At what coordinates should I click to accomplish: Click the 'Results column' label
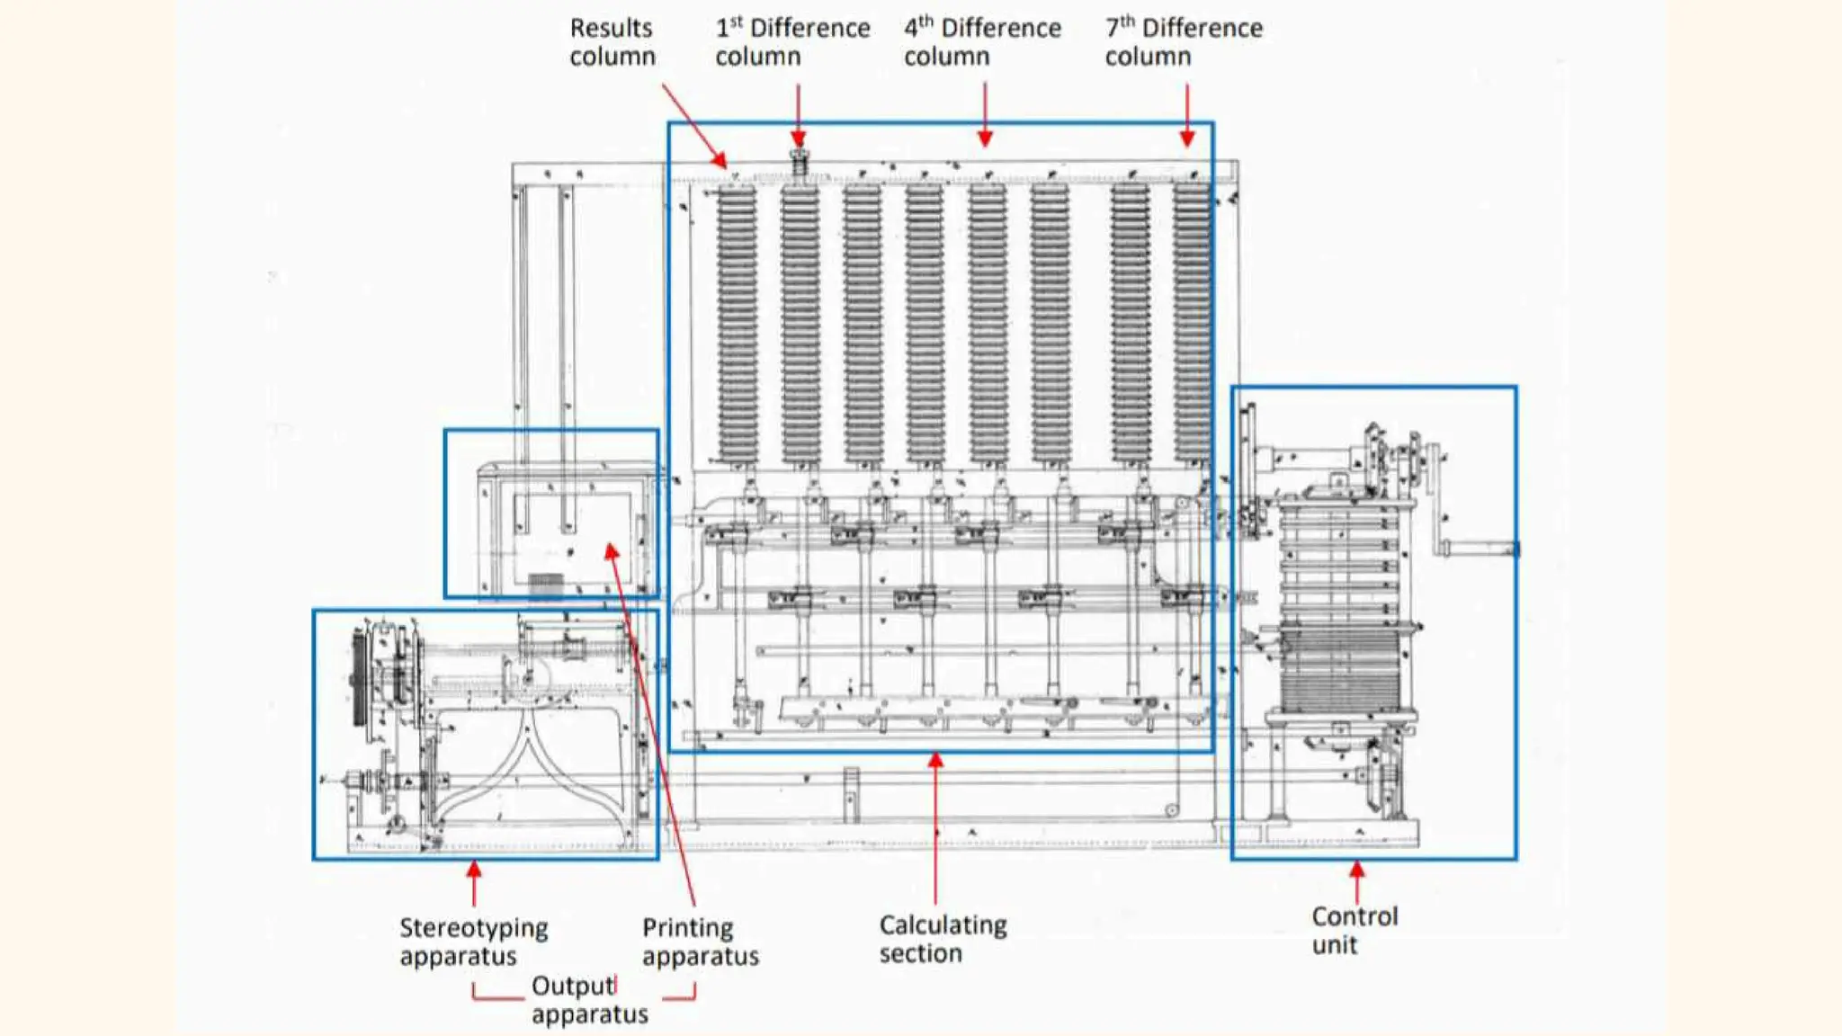point(612,42)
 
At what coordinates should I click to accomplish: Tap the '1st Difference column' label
point(791,42)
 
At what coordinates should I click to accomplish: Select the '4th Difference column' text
point(981,42)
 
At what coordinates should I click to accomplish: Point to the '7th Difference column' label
point(1183,42)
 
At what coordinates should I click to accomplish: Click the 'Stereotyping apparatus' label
point(473,942)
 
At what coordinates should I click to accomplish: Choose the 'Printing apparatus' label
point(700,942)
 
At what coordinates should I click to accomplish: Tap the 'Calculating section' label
point(942,939)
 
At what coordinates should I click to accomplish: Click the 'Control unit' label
point(1354,931)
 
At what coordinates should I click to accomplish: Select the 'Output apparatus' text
point(589,1000)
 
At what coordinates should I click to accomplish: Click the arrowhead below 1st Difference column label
point(799,139)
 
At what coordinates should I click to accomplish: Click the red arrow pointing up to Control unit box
point(1357,871)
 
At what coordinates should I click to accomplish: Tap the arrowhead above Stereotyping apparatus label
point(474,870)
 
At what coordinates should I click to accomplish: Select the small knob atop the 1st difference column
point(799,164)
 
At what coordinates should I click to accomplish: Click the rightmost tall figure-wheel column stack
point(1193,324)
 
